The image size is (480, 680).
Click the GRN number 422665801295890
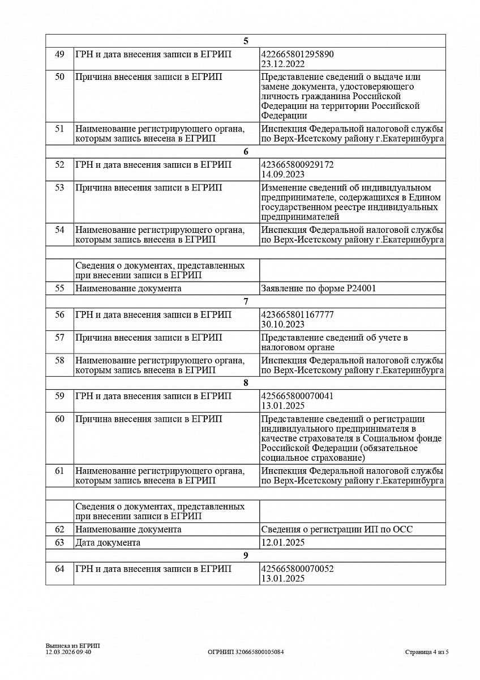point(297,54)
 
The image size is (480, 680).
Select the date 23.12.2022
point(282,64)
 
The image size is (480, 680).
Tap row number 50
point(59,77)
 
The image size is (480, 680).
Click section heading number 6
point(246,151)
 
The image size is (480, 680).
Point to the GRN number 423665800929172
point(297,164)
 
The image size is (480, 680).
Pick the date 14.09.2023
point(282,174)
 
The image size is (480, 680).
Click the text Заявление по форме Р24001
point(319,288)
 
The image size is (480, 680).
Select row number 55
point(59,288)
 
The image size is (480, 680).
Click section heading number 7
point(246,301)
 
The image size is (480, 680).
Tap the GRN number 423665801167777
point(297,314)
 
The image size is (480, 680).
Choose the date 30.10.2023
point(282,324)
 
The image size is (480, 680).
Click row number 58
point(59,360)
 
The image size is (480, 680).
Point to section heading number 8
point(246,382)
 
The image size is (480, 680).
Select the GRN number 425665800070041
point(297,396)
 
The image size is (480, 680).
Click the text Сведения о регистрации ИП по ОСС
point(337,529)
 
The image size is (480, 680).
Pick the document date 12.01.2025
point(282,542)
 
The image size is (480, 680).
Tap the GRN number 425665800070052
point(297,568)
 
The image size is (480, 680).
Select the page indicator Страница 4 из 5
point(427,652)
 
